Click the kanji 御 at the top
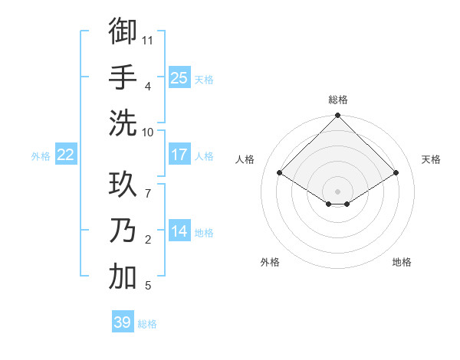pos(123,31)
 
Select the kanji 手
pos(123,77)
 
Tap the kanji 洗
pos(123,123)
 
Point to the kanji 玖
pos(123,185)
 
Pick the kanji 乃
pos(123,232)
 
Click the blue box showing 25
pos(179,78)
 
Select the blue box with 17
pos(179,155)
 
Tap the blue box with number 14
pos(179,231)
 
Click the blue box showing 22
pos(66,155)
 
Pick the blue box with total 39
pos(123,322)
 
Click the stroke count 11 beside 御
pos(148,40)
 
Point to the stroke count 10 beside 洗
pos(148,132)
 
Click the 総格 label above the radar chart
pos(338,100)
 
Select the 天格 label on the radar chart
pos(432,159)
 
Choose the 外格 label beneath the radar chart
pos(270,262)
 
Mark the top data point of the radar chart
pos(338,116)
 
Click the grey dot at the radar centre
pos(338,190)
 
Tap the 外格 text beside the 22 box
pos(41,155)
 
